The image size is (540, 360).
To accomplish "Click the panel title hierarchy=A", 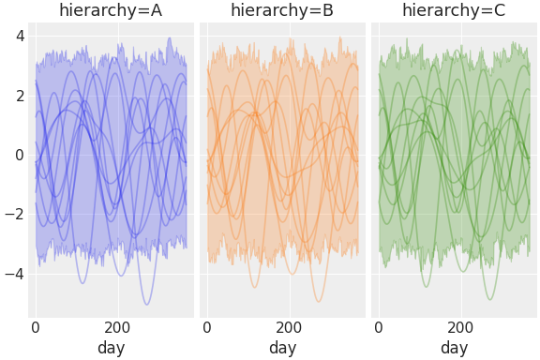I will [111, 11].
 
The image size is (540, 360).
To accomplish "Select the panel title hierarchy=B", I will [282, 11].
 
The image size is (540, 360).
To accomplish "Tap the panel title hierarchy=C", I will [454, 11].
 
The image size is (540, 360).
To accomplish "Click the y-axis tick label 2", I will [20, 95].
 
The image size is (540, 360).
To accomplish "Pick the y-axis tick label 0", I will [20, 155].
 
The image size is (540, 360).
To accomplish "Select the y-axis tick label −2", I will [15, 214].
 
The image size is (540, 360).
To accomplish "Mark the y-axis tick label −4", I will [15, 274].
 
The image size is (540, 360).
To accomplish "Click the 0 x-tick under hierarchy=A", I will [36, 328].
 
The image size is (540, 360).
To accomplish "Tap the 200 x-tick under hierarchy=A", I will [118, 328].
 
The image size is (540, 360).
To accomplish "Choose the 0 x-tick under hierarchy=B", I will [207, 328].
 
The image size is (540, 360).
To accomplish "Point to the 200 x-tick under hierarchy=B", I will [290, 328].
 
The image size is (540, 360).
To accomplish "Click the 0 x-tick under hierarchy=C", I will [379, 328].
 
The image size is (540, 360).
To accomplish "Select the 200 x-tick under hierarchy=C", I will [461, 328].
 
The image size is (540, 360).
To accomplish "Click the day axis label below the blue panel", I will [111, 348].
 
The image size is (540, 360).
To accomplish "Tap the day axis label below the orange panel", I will [282, 348].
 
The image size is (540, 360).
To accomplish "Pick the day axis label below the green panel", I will [454, 348].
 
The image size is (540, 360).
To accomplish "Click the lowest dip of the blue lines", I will [147, 305].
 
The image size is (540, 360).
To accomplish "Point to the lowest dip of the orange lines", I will [319, 302].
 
